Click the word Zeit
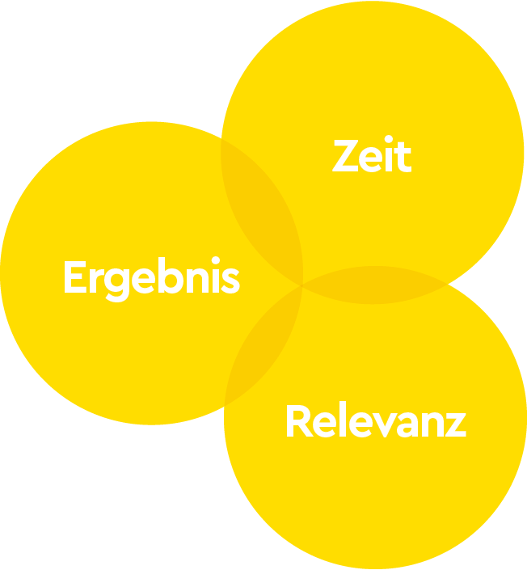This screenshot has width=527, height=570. coord(372,156)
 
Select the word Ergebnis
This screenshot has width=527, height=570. coord(151,279)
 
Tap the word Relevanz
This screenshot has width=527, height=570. coord(375,422)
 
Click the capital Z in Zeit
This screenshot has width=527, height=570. coord(345,156)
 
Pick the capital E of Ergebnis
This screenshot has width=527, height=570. coord(74,278)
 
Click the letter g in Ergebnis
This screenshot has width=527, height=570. coord(118,284)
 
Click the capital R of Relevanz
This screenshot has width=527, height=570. coord(298,422)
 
